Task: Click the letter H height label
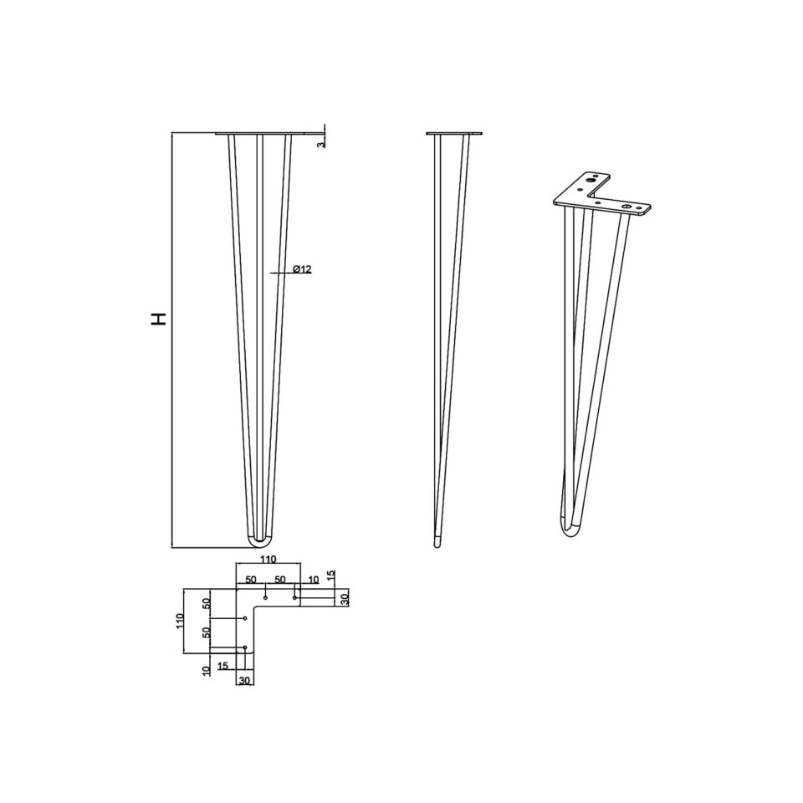[159, 319]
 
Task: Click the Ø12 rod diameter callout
[302, 269]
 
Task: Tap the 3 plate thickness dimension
[321, 145]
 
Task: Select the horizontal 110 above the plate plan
[268, 559]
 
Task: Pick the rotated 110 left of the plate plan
[180, 621]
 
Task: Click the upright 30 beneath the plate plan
[244, 681]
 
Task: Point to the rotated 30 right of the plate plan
[345, 598]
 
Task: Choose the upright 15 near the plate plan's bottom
[222, 666]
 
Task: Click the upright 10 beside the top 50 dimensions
[313, 580]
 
